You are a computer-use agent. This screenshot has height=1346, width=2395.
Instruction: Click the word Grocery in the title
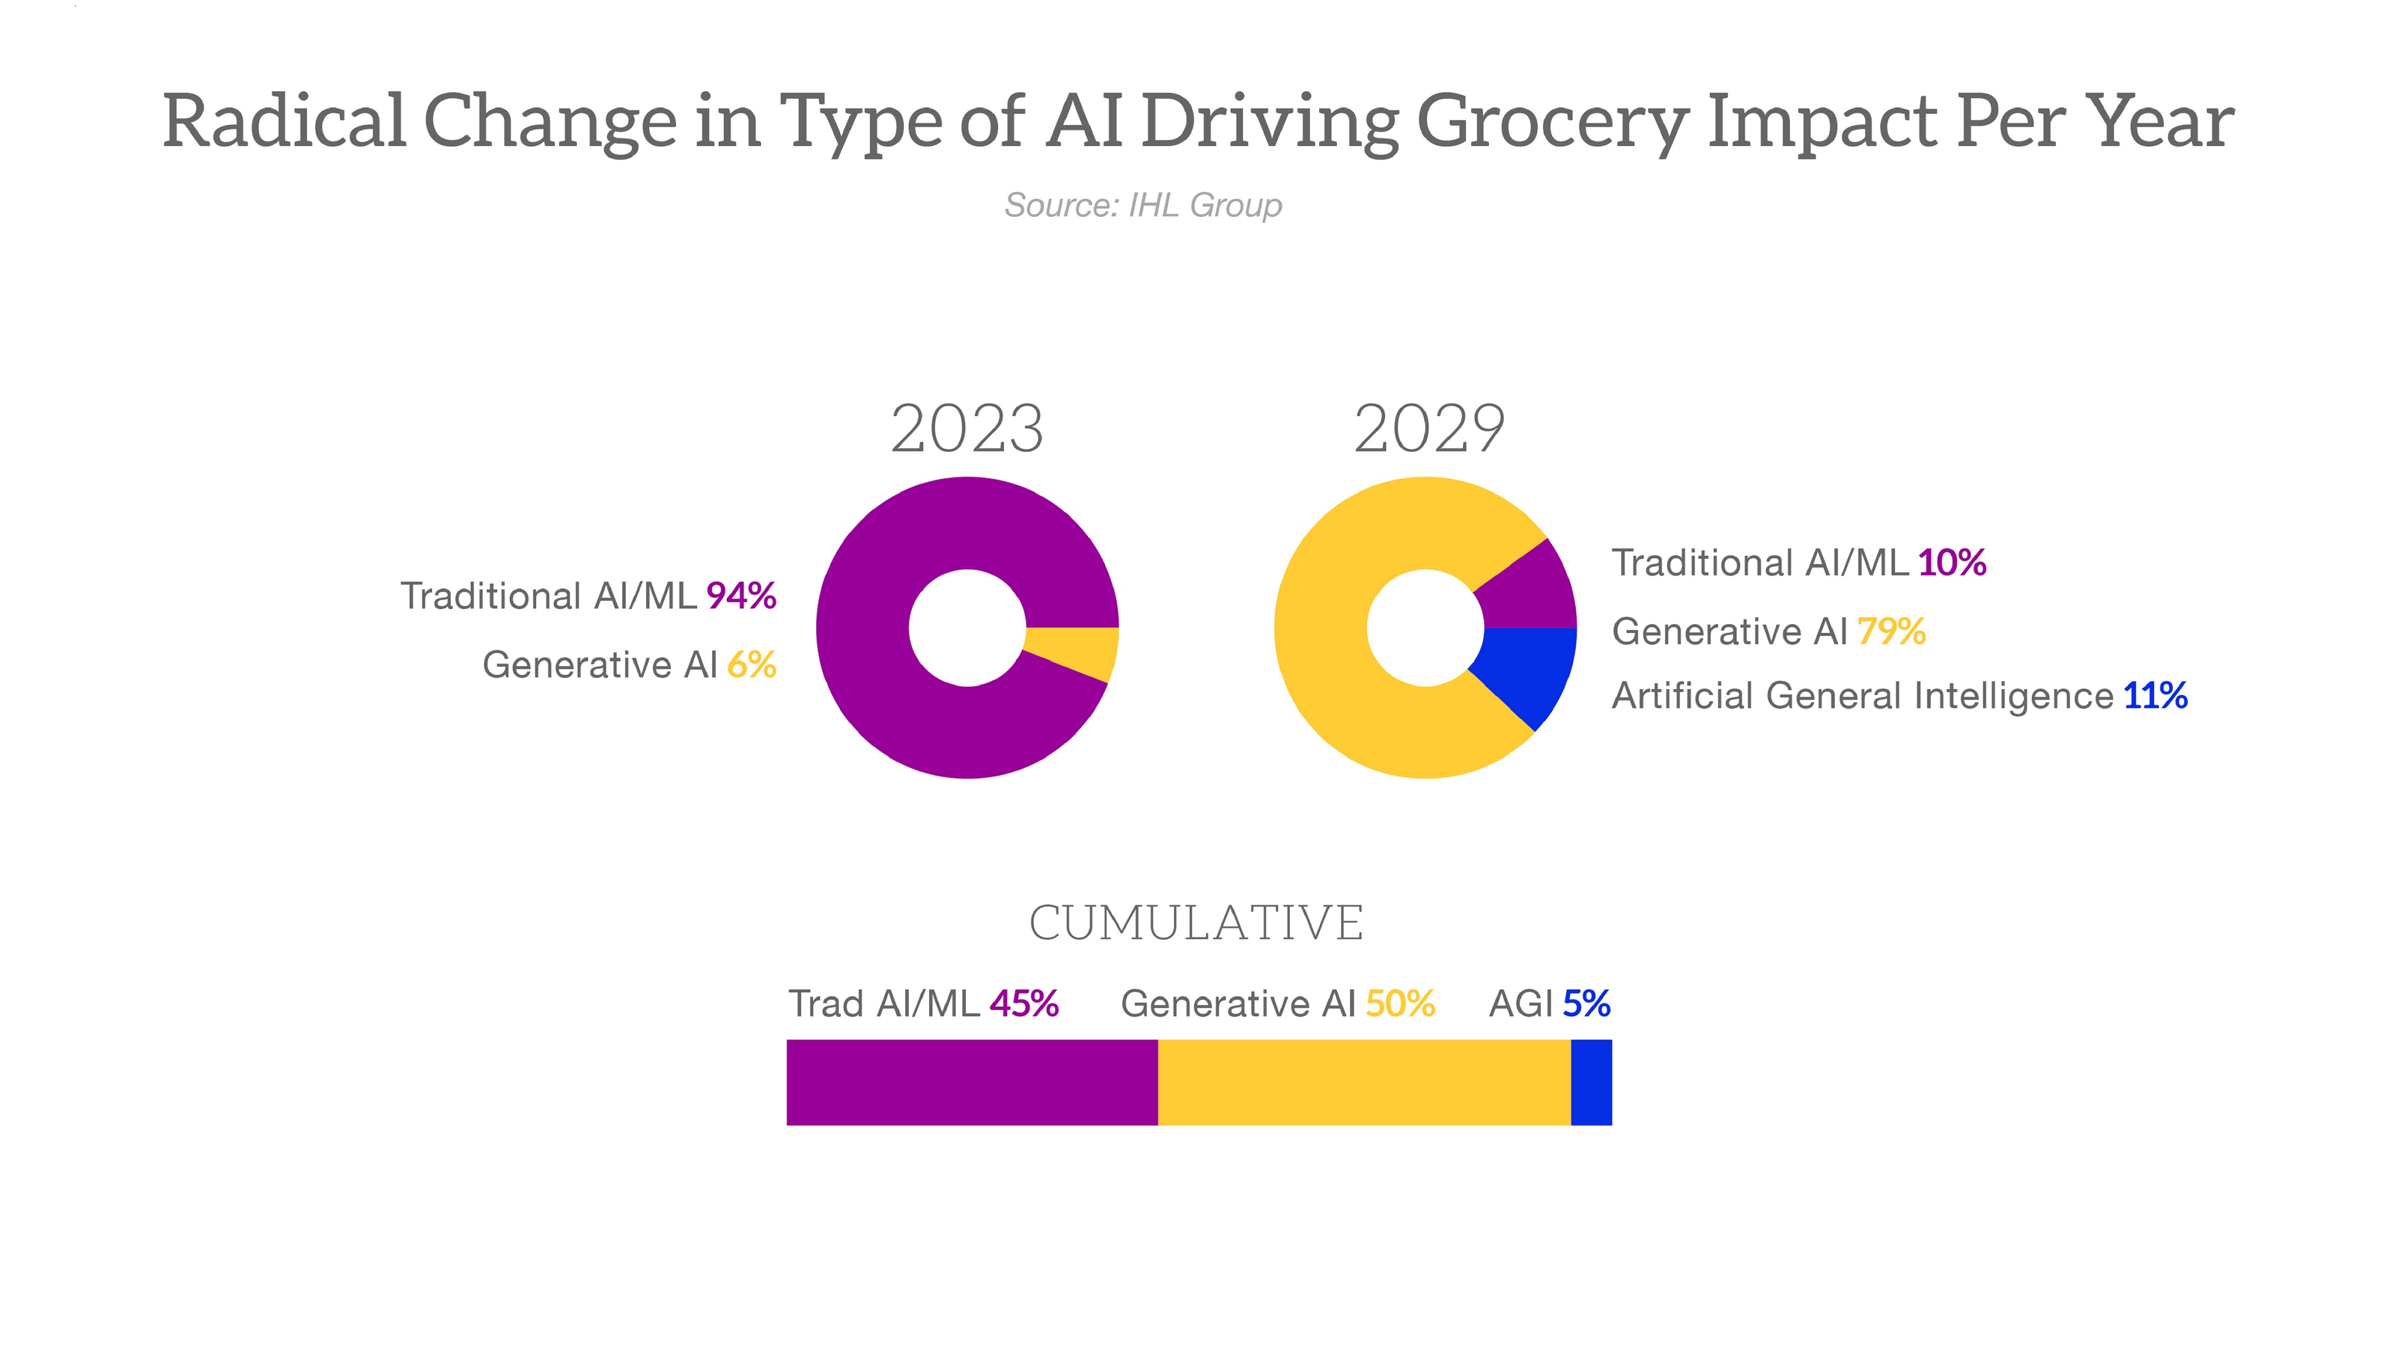tap(1552, 123)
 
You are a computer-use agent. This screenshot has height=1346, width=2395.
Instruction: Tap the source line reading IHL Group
tap(1143, 205)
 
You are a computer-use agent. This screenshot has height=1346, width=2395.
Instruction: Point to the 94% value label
tap(741, 596)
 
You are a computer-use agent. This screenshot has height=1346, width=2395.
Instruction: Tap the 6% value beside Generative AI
tap(751, 665)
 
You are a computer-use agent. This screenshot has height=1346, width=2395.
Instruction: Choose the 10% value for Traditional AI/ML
tap(1952, 562)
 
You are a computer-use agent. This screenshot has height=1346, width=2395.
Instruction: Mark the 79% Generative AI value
tap(1891, 631)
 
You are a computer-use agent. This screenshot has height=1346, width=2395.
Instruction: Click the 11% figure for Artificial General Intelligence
tap(2155, 696)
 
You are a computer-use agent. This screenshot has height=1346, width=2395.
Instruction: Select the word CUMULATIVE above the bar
tap(1196, 923)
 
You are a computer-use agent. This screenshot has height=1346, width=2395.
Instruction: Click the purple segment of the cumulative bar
tap(972, 1082)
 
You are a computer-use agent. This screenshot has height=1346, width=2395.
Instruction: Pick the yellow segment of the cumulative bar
tap(1364, 1082)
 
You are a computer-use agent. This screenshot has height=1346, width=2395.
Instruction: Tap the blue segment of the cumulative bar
tap(1591, 1082)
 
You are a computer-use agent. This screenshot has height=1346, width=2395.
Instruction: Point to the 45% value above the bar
tap(1024, 1004)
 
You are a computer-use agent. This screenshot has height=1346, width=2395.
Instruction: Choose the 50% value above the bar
tap(1399, 1004)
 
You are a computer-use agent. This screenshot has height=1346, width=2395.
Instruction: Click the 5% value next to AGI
tap(1586, 1004)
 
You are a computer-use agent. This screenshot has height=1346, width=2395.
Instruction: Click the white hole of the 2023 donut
tap(967, 628)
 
